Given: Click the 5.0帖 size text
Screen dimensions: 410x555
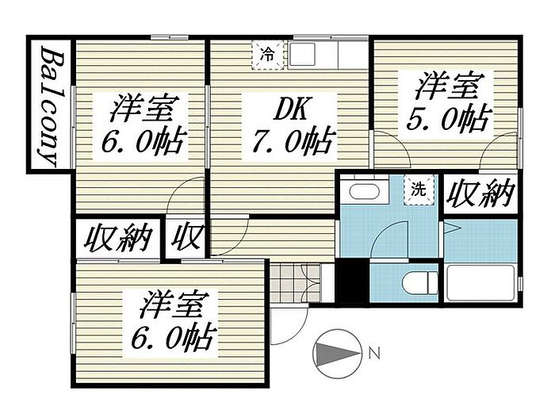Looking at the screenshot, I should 446,118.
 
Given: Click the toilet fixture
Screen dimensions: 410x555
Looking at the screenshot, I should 413,282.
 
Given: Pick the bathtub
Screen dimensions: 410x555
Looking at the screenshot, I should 480,283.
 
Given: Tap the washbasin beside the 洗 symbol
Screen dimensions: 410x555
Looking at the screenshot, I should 364,192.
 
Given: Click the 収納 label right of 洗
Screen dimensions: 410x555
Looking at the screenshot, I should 480,194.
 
